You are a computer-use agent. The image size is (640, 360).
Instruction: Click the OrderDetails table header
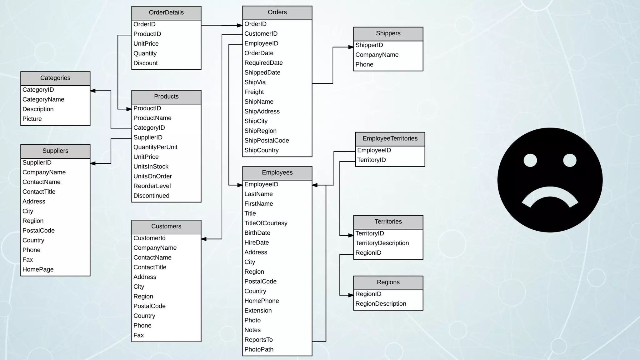166,13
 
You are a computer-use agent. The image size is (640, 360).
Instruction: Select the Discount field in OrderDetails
146,63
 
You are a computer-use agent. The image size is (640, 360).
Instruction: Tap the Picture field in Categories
32,119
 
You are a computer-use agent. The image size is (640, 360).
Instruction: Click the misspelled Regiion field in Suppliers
33,221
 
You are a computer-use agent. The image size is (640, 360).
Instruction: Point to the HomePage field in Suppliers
38,269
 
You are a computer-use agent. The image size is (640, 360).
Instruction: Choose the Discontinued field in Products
152,196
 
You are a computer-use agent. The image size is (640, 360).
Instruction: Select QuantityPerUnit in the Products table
155,147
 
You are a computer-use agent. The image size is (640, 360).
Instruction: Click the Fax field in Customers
139,335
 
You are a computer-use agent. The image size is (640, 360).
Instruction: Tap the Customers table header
166,227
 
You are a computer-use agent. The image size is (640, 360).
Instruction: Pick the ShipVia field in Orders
255,82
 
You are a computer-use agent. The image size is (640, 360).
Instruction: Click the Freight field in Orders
254,92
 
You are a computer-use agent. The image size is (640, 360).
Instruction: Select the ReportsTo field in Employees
258,340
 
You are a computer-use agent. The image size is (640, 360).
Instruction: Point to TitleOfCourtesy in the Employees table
266,223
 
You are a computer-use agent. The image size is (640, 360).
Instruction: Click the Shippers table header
388,33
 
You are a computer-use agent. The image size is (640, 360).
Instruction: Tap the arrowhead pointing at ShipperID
351,47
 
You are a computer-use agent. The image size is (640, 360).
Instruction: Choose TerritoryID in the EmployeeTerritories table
372,160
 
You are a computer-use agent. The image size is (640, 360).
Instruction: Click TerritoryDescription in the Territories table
382,243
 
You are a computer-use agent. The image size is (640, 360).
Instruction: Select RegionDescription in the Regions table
381,304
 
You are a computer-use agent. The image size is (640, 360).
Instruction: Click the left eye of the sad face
530,160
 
